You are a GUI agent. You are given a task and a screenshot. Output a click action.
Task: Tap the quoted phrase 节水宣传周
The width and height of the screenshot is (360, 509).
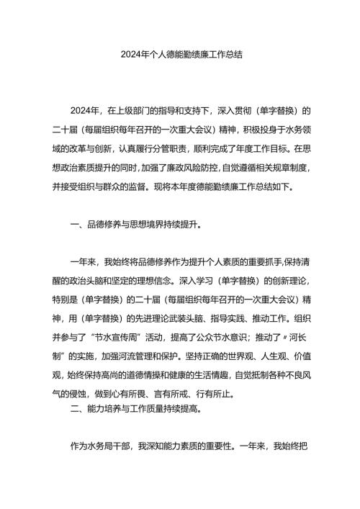click(x=129, y=337)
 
